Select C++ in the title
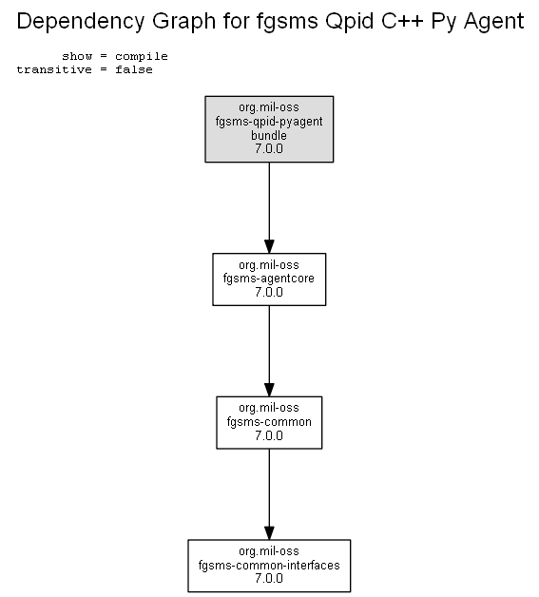[402, 21]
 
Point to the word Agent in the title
[494, 22]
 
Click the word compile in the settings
[142, 57]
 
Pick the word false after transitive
[134, 69]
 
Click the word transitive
[54, 69]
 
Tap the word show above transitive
[77, 56]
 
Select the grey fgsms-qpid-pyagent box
[269, 129]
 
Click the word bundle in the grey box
[269, 135]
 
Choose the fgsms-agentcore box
[269, 279]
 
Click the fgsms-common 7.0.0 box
[269, 422]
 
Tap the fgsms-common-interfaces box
[269, 566]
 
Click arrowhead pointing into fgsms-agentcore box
[269, 246]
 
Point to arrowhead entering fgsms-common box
[269, 390]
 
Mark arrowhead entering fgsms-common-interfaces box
[269, 532]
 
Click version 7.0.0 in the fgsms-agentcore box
[269, 292]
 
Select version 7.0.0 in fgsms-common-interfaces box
[269, 578]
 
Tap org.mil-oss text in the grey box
[269, 107]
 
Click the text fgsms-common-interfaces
[269, 565]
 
